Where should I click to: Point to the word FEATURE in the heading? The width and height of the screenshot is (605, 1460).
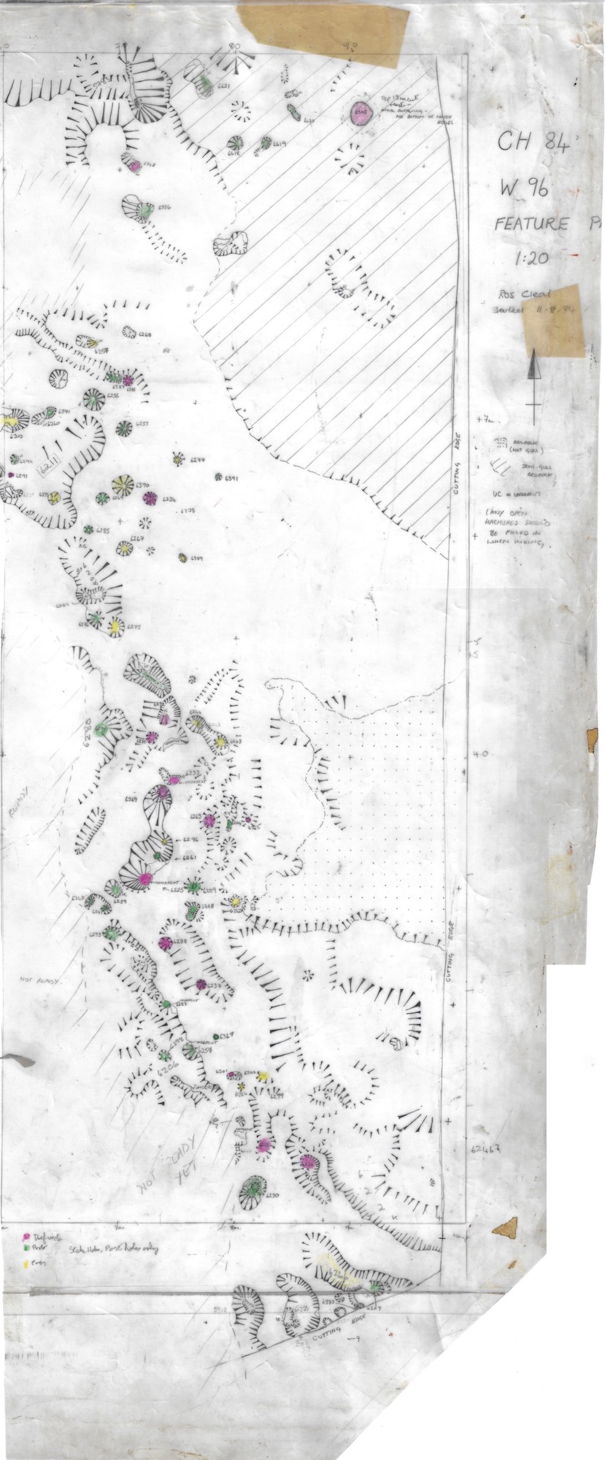531,223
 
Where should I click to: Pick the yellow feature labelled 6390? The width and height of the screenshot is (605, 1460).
123,484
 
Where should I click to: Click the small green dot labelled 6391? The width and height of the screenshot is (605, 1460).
218,477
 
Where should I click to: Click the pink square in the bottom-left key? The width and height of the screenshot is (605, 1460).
27,1237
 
